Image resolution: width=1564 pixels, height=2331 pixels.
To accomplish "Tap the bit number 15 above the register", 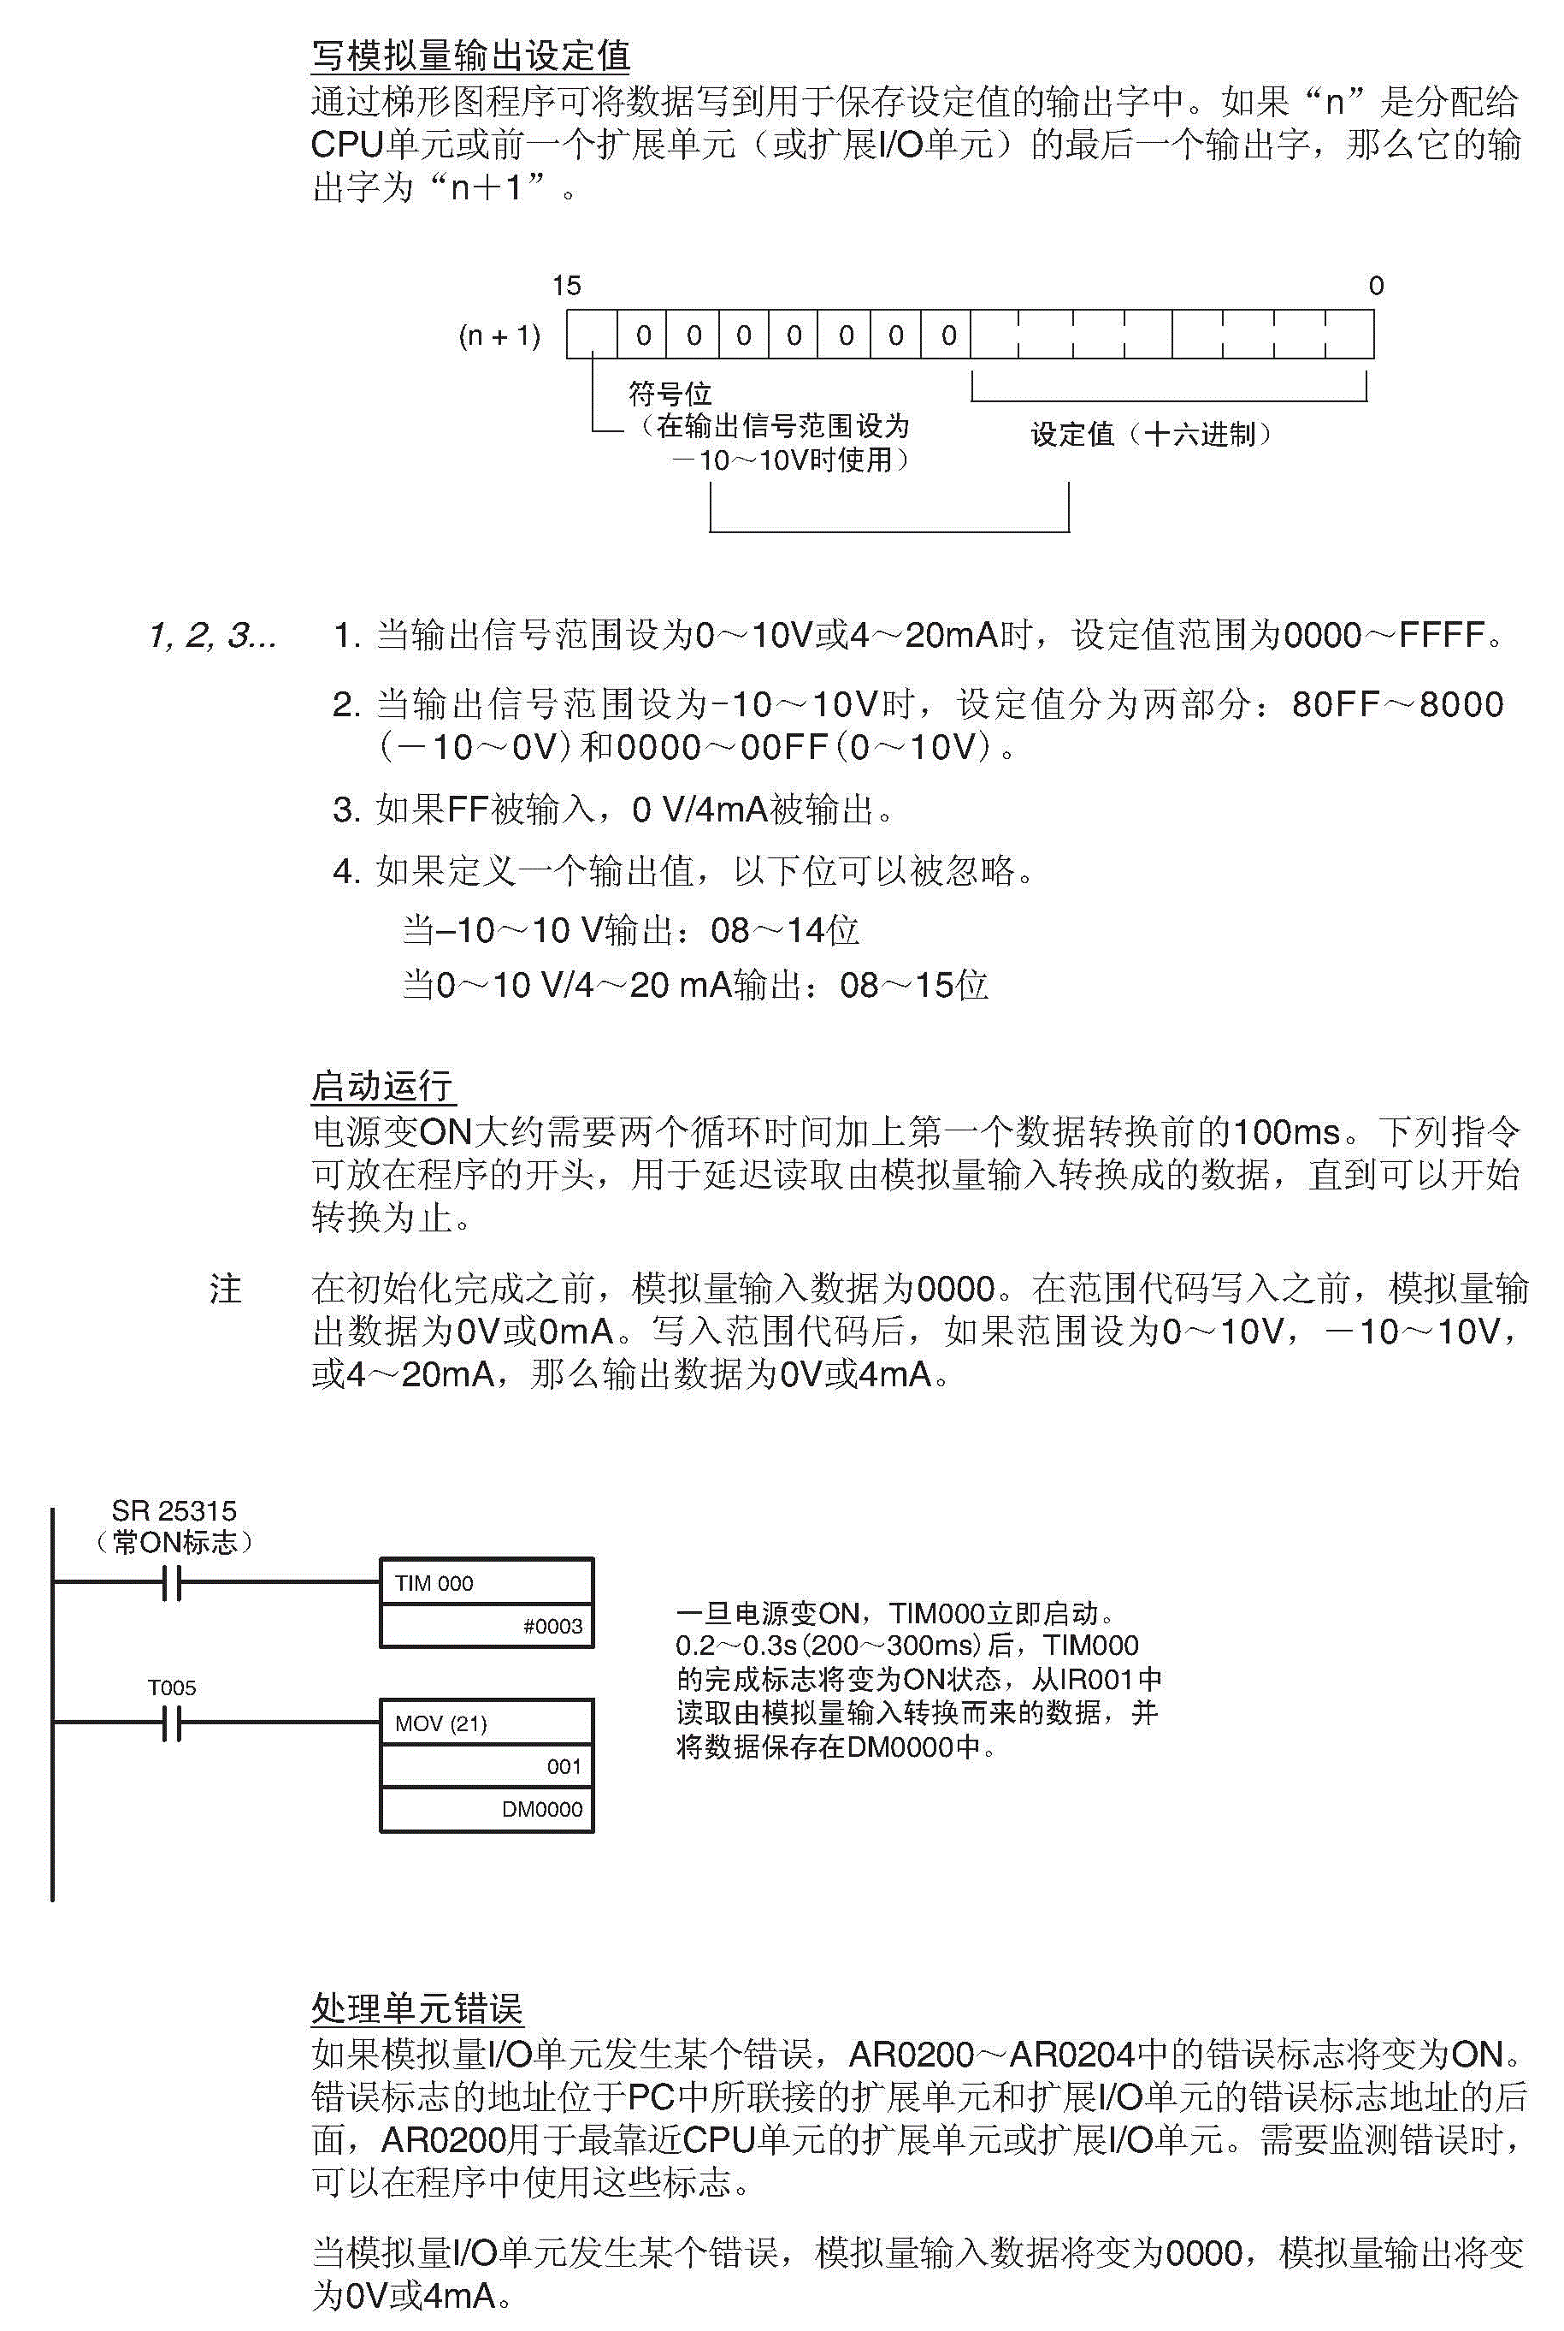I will click(567, 287).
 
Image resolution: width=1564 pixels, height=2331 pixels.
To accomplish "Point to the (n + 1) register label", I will click(499, 335).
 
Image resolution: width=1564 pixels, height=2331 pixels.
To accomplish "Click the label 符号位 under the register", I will click(670, 394).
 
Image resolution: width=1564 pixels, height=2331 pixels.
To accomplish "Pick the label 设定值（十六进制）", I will click(1151, 434).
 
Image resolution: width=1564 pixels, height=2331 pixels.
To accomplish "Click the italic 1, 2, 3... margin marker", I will click(212, 635).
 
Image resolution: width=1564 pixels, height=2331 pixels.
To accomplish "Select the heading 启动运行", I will click(382, 1086).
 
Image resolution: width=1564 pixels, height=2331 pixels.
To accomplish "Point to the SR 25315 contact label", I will click(174, 1510).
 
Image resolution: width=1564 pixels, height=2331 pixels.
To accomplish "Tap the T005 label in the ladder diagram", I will click(173, 1687).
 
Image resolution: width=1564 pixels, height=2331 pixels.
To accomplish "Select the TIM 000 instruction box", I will click(487, 1582).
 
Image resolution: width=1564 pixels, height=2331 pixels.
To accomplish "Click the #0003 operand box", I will click(487, 1626).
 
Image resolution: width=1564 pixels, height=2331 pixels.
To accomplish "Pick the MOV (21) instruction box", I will click(487, 1723).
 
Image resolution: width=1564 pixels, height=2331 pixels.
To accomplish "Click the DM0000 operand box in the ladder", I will click(487, 1809).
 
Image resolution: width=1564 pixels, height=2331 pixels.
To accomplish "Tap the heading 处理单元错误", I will click(417, 2008).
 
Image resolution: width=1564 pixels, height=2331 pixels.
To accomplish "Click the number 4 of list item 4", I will click(344, 871).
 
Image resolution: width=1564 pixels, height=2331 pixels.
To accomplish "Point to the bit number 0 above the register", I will click(1376, 287).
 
